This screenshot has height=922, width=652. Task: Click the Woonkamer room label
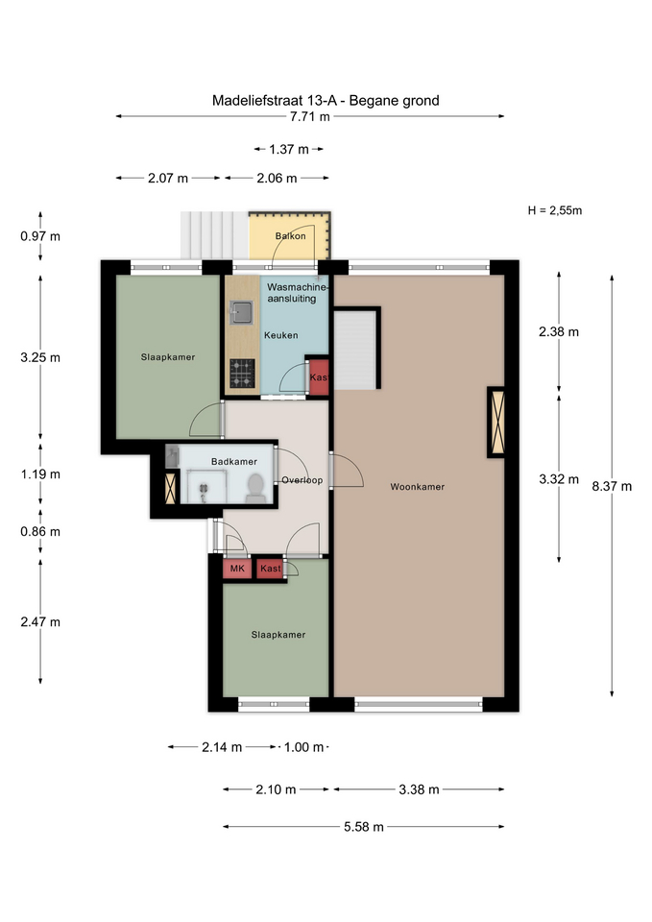pos(418,487)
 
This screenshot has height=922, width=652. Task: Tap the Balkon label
pos(290,236)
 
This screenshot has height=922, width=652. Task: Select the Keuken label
pos(281,335)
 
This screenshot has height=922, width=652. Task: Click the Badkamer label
pos(234,462)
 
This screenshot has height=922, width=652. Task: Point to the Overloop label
pos(302,480)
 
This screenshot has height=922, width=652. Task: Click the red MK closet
pos(237,569)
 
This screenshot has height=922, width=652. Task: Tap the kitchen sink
pos(241,312)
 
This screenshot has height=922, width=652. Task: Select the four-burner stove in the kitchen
pos(242,374)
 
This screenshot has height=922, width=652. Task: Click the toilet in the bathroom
pos(255,489)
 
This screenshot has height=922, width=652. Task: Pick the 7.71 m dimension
pos(310,116)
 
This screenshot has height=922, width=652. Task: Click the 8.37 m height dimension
pos(612,486)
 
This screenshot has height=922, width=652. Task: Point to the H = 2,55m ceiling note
pos(555,210)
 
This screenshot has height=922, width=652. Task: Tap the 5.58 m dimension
pos(364,827)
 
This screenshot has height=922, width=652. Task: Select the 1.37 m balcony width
pos(289,150)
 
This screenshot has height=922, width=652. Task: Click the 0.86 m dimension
pos(40,531)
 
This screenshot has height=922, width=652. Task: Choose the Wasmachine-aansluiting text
pos(297,293)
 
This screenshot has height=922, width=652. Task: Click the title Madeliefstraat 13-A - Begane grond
pos(326,101)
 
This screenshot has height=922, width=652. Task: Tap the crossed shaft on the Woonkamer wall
pos(496,422)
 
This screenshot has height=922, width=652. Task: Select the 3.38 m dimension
pos(420,789)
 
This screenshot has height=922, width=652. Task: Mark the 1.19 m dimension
pos(40,473)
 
